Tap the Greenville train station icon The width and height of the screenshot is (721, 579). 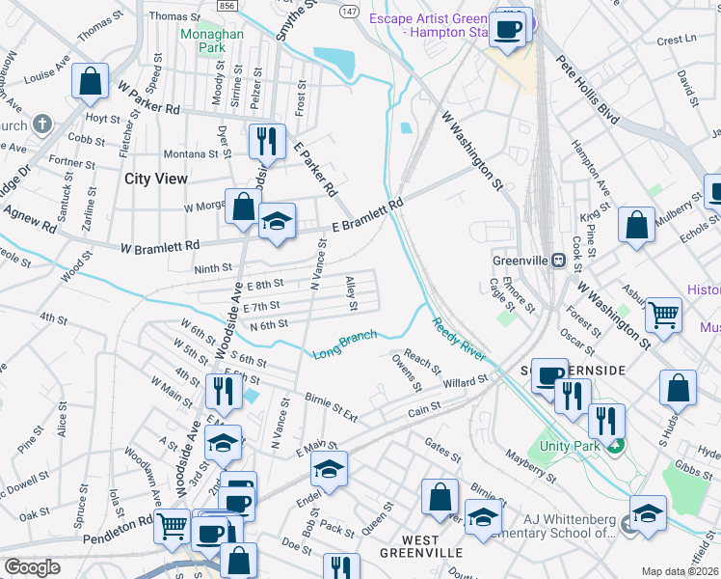point(556,260)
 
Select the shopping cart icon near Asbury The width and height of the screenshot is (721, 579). point(663,313)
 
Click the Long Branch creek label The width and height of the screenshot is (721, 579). point(344,345)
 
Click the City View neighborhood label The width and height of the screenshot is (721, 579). point(156,179)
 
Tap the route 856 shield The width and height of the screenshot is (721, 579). point(227,5)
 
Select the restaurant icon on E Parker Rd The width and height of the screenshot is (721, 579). point(266,141)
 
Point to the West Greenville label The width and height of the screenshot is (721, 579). point(408,545)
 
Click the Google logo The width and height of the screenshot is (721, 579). point(32,566)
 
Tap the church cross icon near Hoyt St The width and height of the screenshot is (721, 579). point(41,124)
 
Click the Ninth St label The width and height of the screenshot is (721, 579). point(213,267)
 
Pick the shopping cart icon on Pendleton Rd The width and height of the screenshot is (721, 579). point(173,526)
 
